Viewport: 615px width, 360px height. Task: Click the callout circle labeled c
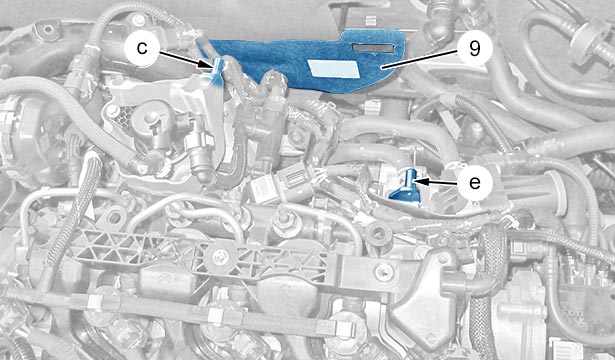[x=142, y=48]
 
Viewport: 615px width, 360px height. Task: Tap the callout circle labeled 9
[x=474, y=48]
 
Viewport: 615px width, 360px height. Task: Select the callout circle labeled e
[x=475, y=182]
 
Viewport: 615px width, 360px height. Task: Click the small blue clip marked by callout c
[x=218, y=70]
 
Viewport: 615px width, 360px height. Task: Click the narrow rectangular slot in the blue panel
[x=373, y=48]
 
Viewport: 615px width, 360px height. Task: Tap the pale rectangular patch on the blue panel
[x=333, y=69]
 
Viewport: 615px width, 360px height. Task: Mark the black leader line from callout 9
[x=419, y=59]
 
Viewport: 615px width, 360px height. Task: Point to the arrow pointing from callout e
[x=435, y=182]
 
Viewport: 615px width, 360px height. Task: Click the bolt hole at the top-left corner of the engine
[x=48, y=30]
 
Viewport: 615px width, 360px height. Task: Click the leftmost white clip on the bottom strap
[x=95, y=302]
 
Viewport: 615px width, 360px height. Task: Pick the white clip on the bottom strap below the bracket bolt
[x=215, y=315]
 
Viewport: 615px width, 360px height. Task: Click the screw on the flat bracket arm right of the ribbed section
[x=384, y=271]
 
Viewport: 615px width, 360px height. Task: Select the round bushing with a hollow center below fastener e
[x=378, y=234]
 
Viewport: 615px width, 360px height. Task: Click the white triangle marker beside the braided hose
[x=91, y=212]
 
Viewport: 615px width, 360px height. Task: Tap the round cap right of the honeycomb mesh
[x=151, y=118]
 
